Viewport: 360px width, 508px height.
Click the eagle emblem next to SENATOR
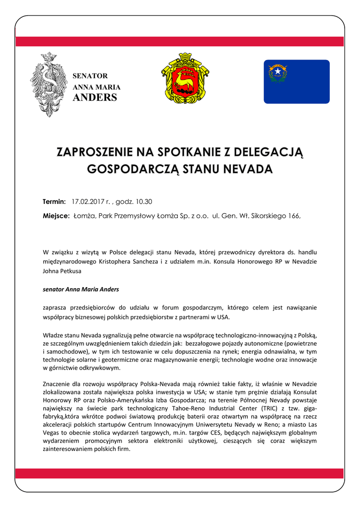pyautogui.click(x=48, y=85)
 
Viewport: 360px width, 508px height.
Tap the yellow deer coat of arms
pyautogui.click(x=185, y=80)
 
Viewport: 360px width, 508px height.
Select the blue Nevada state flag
pyautogui.click(x=296, y=81)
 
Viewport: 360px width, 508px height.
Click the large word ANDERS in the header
pyautogui.click(x=95, y=97)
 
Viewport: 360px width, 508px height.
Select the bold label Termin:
pyautogui.click(x=54, y=202)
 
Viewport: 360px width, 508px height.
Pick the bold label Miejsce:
pyautogui.click(x=56, y=216)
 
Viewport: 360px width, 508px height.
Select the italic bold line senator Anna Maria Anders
pyautogui.click(x=81, y=289)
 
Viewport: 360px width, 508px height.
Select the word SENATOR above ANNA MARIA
pyautogui.click(x=90, y=76)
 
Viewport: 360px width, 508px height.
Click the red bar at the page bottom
pyautogui.click(x=180, y=473)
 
